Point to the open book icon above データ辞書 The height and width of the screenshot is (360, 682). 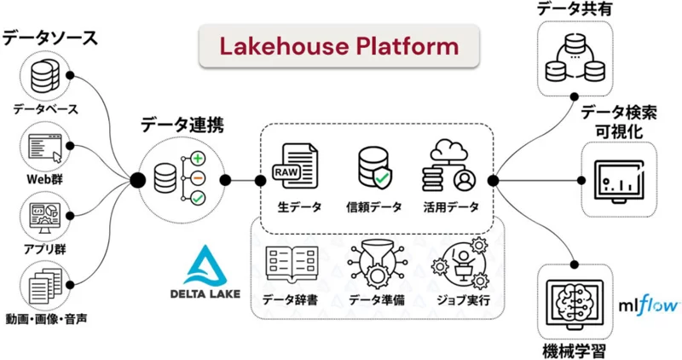291,264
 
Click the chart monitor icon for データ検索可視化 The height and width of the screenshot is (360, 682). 614,180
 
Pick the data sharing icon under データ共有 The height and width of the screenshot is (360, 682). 573,56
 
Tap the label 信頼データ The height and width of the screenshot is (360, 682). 376,207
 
